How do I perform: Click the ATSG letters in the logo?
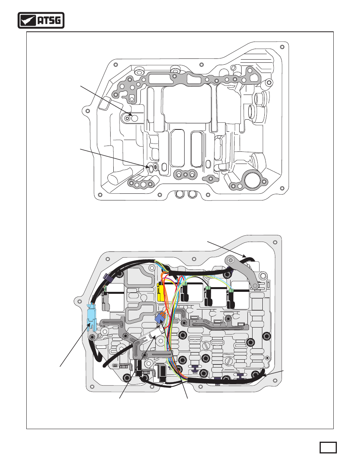point(49,20)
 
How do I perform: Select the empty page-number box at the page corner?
point(328,448)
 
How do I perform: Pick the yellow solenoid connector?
point(161,292)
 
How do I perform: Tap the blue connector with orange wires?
point(161,317)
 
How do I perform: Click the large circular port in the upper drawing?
point(253,179)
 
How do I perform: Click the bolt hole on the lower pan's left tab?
point(79,301)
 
